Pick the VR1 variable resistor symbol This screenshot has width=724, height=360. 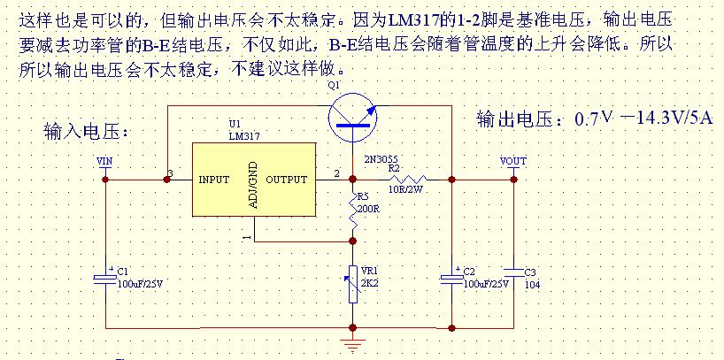(x=353, y=284)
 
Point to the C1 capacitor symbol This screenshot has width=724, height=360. (x=106, y=279)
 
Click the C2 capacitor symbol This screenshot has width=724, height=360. (x=452, y=279)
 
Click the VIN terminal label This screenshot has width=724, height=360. (x=104, y=161)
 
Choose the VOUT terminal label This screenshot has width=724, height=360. (x=513, y=161)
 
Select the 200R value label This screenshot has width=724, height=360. (x=368, y=209)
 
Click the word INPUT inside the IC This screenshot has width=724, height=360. (x=213, y=180)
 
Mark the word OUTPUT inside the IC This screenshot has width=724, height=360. (x=287, y=180)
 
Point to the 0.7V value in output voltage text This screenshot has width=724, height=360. (x=594, y=119)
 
